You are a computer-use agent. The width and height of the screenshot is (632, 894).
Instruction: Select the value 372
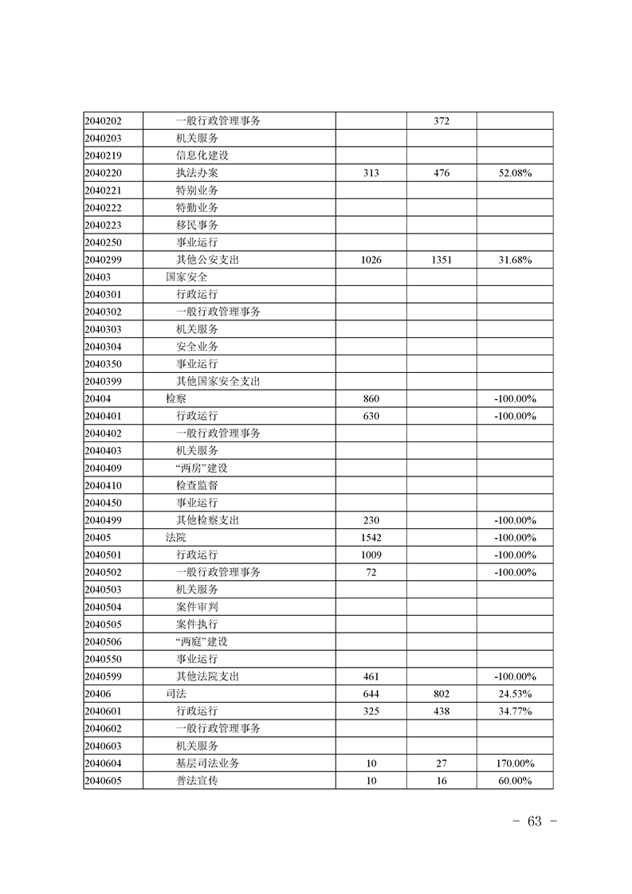[442, 121]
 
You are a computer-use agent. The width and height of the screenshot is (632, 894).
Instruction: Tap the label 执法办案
[197, 173]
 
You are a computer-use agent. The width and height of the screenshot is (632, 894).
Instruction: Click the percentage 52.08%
[515, 173]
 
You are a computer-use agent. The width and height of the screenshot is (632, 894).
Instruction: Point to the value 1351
[442, 260]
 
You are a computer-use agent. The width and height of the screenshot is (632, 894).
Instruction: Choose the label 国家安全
[186, 277]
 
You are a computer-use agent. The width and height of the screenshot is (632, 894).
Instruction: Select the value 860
[371, 398]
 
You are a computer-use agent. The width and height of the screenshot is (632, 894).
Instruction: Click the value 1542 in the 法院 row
[371, 538]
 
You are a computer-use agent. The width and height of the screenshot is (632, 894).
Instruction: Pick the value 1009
[371, 555]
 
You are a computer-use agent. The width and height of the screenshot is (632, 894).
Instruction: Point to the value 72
[371, 572]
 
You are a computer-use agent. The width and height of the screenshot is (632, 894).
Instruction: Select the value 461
[371, 676]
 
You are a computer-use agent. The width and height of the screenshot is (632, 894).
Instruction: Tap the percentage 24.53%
[515, 694]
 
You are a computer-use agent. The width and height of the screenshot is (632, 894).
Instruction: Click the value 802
[442, 694]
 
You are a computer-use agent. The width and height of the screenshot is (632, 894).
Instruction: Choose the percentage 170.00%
[515, 763]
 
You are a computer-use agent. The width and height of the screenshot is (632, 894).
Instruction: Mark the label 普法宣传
[197, 781]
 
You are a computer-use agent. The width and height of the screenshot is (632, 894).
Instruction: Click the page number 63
[534, 821]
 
